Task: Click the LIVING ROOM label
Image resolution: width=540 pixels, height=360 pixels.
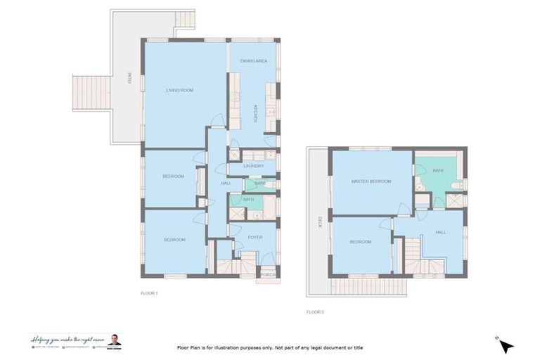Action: pos(179,90)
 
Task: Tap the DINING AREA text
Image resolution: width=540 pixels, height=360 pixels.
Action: pos(252,61)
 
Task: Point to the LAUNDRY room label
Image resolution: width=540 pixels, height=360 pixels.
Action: pos(253,166)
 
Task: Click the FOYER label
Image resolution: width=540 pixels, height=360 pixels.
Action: pos(255,237)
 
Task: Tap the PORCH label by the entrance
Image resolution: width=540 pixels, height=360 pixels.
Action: pos(268,274)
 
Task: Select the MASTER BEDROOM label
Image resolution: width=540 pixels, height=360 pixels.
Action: pos(371,181)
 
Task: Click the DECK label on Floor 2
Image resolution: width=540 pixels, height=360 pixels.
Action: pos(319,222)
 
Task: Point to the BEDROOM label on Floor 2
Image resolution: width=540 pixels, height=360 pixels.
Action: pos(361,242)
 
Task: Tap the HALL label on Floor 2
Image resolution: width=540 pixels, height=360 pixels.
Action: pos(441,232)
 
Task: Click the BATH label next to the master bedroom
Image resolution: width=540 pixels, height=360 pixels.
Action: pos(438,170)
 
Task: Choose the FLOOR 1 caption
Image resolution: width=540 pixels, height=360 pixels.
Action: pos(149,293)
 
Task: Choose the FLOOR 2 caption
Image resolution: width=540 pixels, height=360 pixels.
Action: pos(315,311)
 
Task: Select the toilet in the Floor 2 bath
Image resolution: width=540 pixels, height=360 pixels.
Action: pos(458,185)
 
